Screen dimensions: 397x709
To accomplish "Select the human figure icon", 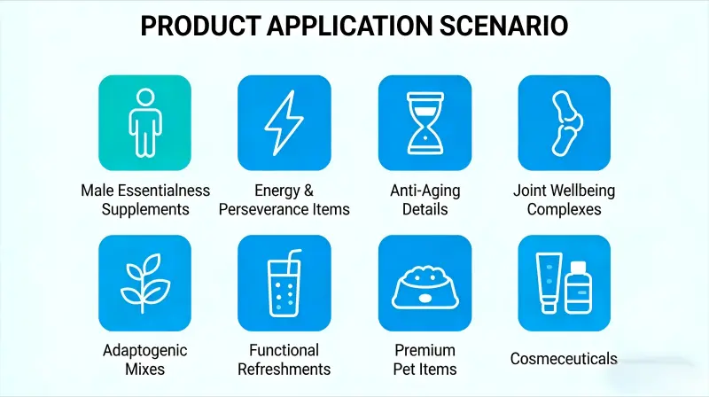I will point(144,121).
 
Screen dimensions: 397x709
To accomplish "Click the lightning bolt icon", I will point(284,121).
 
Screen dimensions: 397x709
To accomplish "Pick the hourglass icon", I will point(425,121).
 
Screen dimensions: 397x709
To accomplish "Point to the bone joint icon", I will point(564,121).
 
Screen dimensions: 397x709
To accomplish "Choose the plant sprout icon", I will point(144,282).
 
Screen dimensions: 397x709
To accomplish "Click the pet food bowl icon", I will point(425,285).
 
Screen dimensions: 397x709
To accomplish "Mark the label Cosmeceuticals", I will point(564,359).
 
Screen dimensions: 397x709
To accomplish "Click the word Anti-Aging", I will point(425,191).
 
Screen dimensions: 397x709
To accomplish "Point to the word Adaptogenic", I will point(144,350).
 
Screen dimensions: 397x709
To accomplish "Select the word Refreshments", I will point(284,370).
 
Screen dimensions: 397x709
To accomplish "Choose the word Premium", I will point(425,350).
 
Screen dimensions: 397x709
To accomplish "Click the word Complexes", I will point(564,210).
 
